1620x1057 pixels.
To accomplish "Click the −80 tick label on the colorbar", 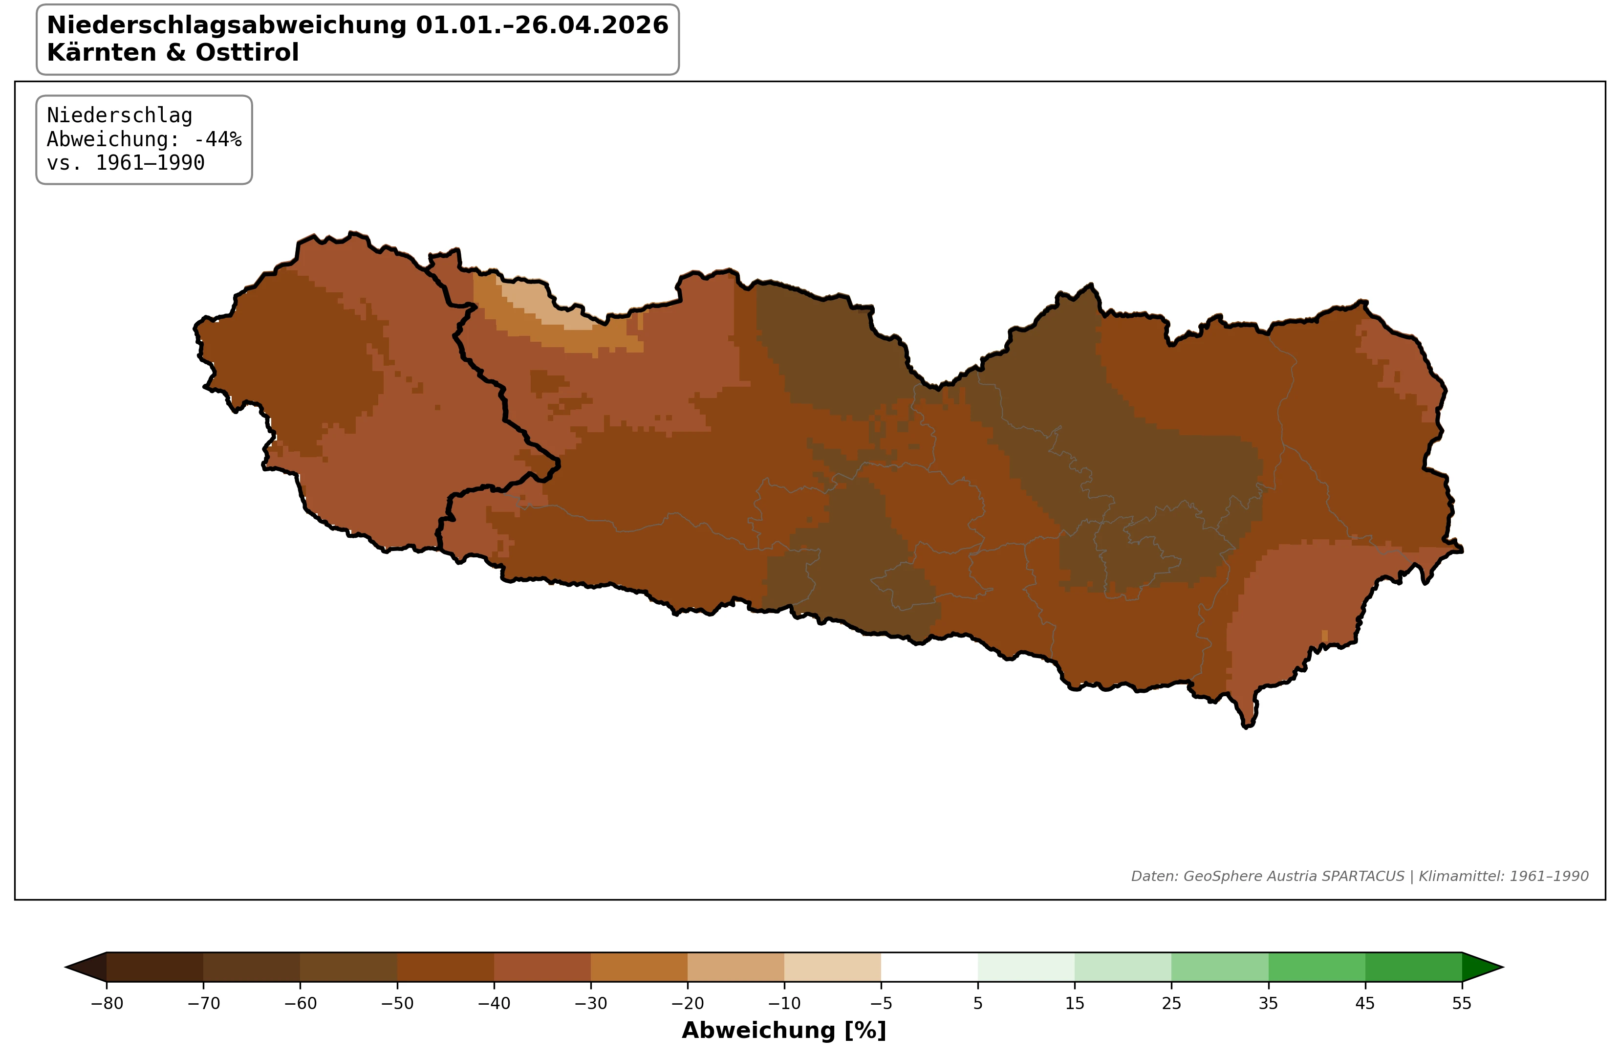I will pos(107,1003).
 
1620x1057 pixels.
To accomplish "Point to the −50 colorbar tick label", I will pos(397,1003).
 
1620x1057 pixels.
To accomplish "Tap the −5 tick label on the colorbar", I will pos(881,1003).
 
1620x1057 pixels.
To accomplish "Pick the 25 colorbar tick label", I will pos(1171,1003).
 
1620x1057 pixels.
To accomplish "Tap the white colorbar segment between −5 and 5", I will pos(929,967).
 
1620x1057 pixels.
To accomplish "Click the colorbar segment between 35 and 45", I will pos(1317,967).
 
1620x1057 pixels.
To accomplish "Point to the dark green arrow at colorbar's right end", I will pos(1480,967).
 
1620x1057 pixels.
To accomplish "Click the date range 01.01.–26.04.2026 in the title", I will pos(542,25).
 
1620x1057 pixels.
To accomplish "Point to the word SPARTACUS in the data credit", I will pos(1362,877).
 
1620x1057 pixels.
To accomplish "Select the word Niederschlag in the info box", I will pos(119,116).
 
